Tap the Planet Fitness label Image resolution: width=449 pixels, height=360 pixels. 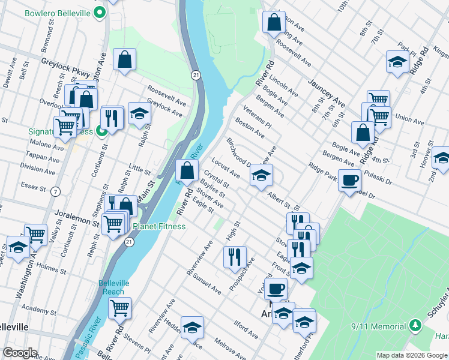point(158,226)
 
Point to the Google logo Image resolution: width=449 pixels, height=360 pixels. point(20,353)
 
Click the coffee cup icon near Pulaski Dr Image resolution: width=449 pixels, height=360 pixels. point(349,179)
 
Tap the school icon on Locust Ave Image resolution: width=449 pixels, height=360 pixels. point(261,175)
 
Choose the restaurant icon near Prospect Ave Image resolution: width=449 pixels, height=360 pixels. point(235,256)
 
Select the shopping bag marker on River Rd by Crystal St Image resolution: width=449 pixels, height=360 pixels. point(187,170)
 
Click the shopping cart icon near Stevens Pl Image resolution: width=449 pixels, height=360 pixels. point(120,307)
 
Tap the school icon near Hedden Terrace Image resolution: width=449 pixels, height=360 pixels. point(192,327)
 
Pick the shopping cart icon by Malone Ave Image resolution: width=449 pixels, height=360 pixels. point(65,126)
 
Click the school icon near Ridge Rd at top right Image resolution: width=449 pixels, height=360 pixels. point(397,61)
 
